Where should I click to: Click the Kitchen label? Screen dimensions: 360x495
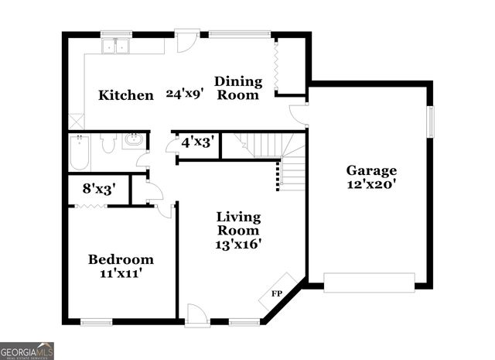126,95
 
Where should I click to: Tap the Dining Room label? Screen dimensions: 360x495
237,87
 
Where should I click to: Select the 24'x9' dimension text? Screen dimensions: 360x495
184,94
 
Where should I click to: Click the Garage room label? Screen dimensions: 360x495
371,170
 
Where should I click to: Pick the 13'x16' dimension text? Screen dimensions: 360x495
238,244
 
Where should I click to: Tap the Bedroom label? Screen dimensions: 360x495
120,259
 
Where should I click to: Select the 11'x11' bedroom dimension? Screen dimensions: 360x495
120,273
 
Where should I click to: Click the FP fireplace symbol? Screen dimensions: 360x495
276,293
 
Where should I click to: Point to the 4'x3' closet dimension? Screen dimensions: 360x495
197,143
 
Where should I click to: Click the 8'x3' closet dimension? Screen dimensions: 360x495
99,188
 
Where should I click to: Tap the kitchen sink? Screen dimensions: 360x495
118,46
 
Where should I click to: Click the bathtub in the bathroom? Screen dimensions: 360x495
80,153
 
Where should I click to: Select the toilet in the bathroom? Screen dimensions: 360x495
108,142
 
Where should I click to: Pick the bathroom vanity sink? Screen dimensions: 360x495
134,141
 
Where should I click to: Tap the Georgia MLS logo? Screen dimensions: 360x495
27,351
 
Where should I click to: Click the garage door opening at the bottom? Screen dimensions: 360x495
369,283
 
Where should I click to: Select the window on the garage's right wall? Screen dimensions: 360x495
432,121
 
